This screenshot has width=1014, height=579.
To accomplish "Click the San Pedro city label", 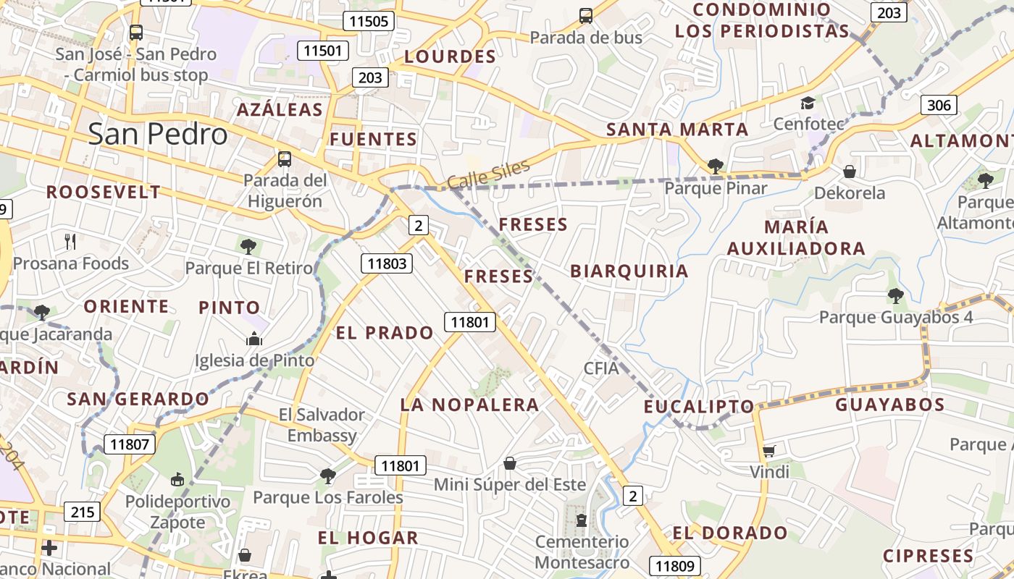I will [x=157, y=135].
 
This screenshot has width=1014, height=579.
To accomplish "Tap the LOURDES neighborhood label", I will [x=450, y=56].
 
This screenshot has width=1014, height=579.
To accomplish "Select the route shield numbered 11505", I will [x=368, y=21].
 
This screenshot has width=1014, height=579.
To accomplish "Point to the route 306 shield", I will [x=939, y=105].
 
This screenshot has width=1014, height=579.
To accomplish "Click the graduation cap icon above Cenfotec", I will [x=808, y=103].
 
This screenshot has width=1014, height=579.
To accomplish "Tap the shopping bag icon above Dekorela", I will [x=850, y=172].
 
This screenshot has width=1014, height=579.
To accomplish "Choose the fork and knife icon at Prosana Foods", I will [x=70, y=241].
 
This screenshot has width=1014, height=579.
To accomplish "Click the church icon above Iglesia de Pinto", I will [x=254, y=339].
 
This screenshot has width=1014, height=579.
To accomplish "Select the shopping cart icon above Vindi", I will [x=769, y=452].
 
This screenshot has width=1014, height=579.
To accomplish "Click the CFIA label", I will [x=601, y=368].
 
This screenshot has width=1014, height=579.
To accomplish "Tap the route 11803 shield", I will [x=387, y=263].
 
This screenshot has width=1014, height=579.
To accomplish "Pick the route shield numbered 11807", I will [x=130, y=444].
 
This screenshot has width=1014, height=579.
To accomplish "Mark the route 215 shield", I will [x=83, y=512].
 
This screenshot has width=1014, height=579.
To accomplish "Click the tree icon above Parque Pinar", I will [x=716, y=166].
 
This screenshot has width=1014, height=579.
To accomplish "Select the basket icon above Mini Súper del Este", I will [x=510, y=463].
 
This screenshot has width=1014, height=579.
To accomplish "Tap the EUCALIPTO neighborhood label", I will [x=699, y=406].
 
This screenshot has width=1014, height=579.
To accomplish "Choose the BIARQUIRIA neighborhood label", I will [x=629, y=271].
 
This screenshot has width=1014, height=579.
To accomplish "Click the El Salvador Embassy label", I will [x=322, y=425].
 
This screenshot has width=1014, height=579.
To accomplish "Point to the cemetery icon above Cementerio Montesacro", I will [x=582, y=520].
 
